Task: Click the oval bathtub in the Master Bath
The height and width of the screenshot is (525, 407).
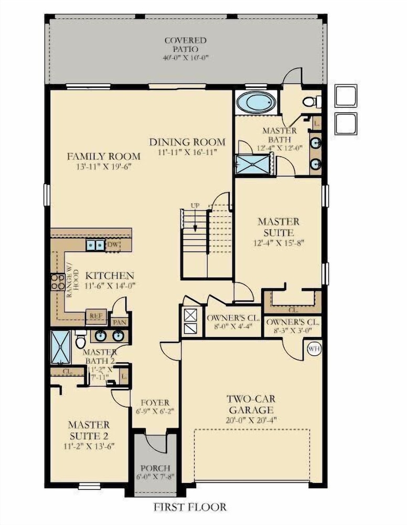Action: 256,102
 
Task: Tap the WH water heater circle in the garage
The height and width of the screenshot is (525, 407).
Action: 314,349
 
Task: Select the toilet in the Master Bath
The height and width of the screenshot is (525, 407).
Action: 312,101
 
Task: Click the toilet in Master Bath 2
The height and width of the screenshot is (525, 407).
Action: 80,340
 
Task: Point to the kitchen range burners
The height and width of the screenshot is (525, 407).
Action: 58,281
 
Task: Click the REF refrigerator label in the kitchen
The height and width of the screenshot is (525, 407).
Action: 96,316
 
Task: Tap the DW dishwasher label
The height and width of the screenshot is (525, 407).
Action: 113,245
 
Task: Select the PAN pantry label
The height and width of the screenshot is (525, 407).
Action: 120,322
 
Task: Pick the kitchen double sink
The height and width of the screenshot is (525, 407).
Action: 95,245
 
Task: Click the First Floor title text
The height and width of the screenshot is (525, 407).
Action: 190,507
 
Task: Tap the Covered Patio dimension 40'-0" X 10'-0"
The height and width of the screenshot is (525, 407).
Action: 186,57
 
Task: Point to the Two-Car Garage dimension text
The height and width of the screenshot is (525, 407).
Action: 251,420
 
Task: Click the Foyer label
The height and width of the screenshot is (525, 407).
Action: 155,403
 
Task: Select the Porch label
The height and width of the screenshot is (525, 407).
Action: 155,468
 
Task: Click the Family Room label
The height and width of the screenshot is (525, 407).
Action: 104,156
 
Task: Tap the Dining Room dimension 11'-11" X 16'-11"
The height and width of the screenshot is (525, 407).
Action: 188,152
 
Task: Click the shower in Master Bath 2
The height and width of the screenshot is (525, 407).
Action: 61,347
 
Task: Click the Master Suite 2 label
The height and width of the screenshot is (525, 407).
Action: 89,430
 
